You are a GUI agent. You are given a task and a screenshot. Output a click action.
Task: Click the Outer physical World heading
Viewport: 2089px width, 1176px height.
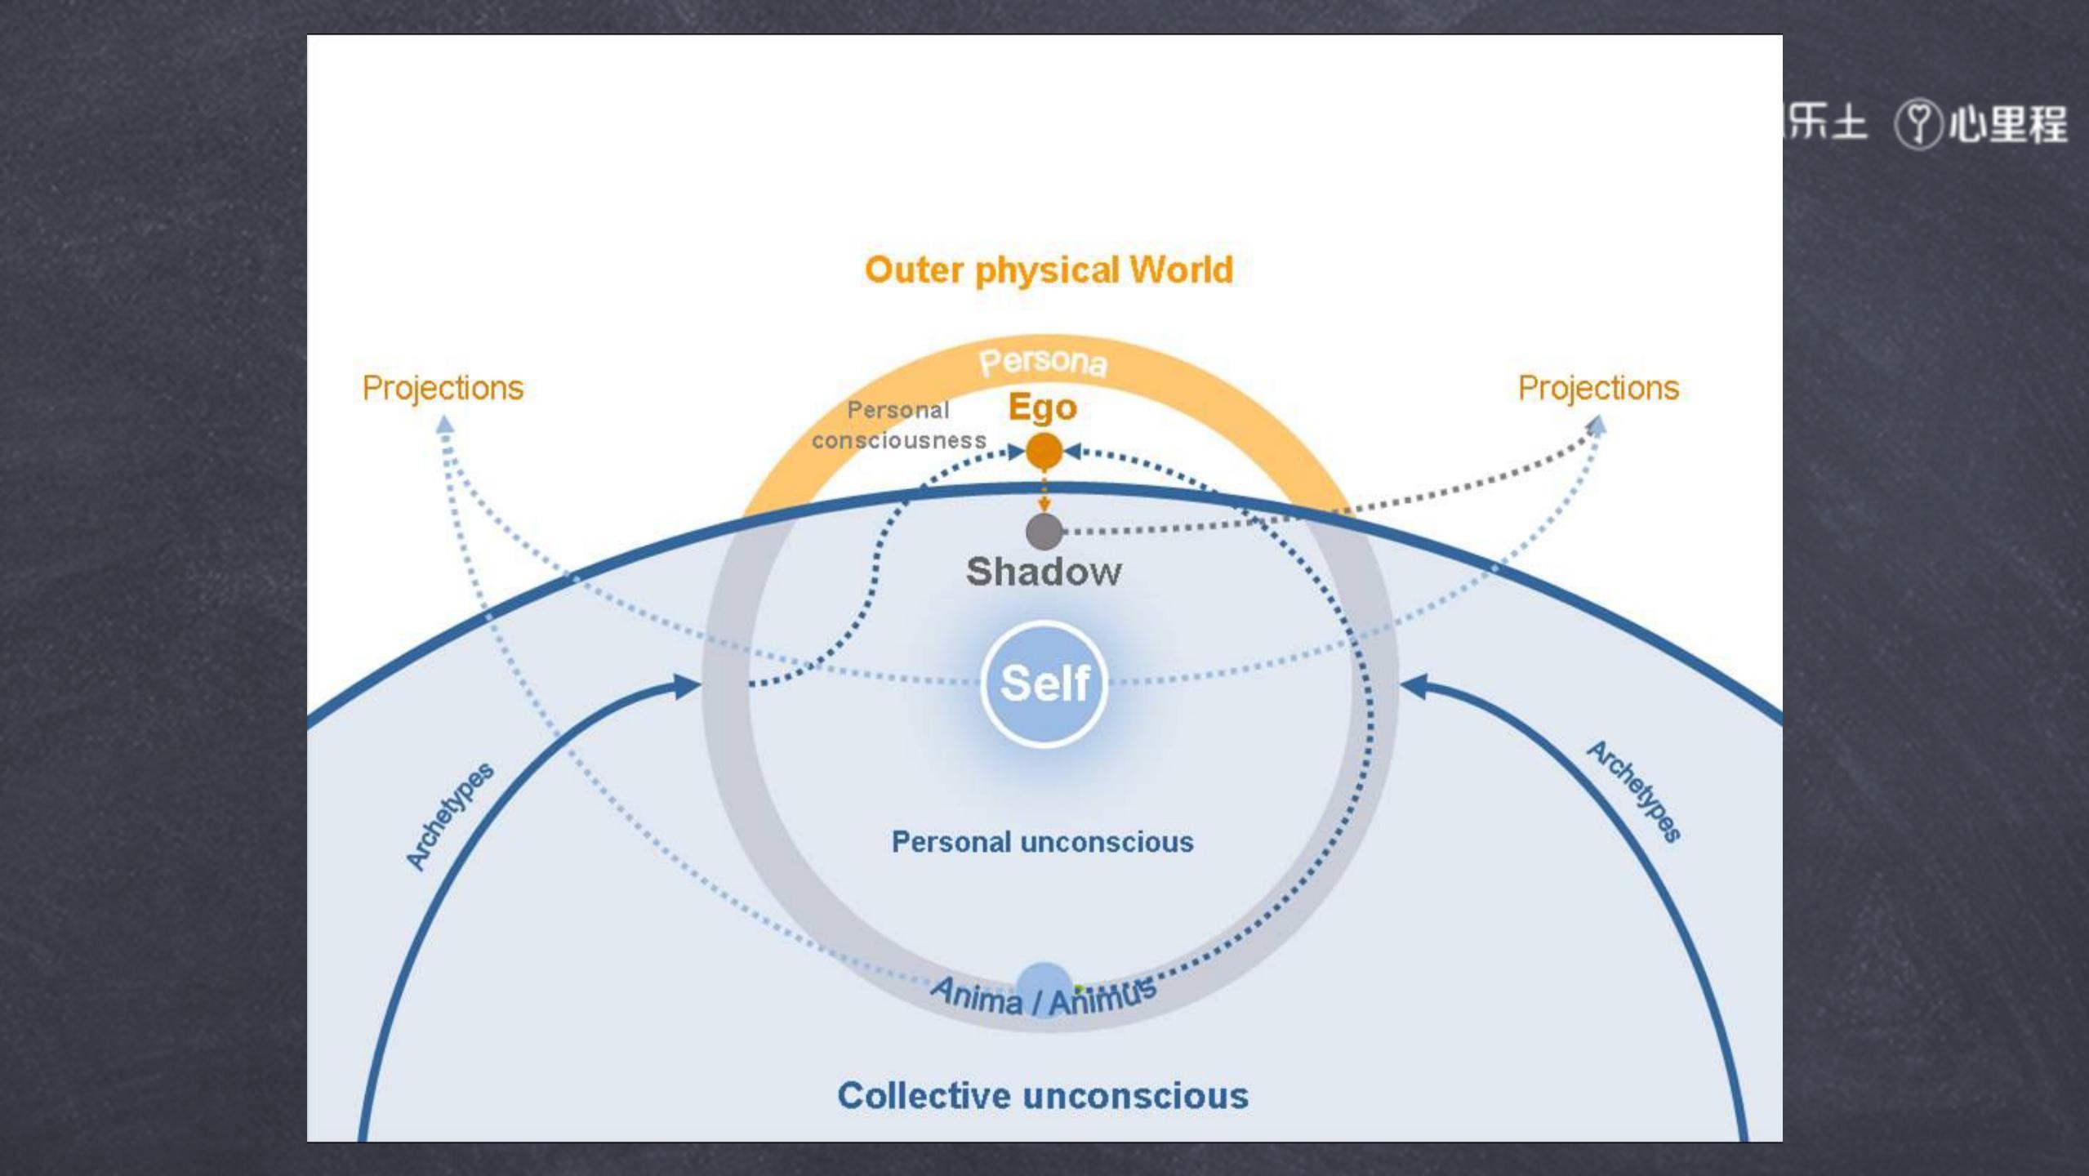click(x=1049, y=270)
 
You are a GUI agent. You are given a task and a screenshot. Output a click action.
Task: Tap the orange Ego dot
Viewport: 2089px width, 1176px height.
click(x=1044, y=451)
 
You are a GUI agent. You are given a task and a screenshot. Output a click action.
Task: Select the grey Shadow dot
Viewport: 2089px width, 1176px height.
click(x=1044, y=532)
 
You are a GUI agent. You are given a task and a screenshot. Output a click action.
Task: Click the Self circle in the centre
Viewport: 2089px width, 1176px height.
click(x=1044, y=684)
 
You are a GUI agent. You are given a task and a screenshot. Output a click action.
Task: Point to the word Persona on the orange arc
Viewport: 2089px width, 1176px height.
click(x=1044, y=362)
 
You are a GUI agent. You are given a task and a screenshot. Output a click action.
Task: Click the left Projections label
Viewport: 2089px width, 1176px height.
click(x=443, y=388)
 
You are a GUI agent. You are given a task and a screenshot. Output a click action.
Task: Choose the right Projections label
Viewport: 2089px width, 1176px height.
click(x=1598, y=388)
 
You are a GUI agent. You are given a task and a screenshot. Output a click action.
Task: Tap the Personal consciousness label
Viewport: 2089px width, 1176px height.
click(x=898, y=425)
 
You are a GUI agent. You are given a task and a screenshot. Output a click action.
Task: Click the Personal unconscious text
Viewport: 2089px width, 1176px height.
click(x=1042, y=842)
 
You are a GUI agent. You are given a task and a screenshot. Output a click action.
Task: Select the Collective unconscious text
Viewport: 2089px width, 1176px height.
click(x=1043, y=1096)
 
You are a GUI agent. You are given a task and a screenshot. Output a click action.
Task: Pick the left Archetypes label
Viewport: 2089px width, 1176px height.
click(x=450, y=816)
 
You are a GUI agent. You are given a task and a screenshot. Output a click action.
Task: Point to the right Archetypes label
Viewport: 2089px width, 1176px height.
click(x=1634, y=791)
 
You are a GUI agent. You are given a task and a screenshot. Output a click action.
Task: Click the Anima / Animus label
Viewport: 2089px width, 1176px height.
click(x=1044, y=997)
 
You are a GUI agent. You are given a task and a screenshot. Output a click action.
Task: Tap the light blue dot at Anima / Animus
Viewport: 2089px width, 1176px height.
click(x=1044, y=982)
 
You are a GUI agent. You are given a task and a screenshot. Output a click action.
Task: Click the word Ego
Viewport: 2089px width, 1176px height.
click(x=1043, y=407)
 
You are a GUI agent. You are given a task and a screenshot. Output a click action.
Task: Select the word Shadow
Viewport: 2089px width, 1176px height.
click(x=1044, y=572)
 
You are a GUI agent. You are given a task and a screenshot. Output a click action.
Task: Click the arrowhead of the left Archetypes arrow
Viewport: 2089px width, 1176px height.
click(x=687, y=686)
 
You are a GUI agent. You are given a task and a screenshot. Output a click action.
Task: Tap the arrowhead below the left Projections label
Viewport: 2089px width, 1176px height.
click(x=444, y=424)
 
